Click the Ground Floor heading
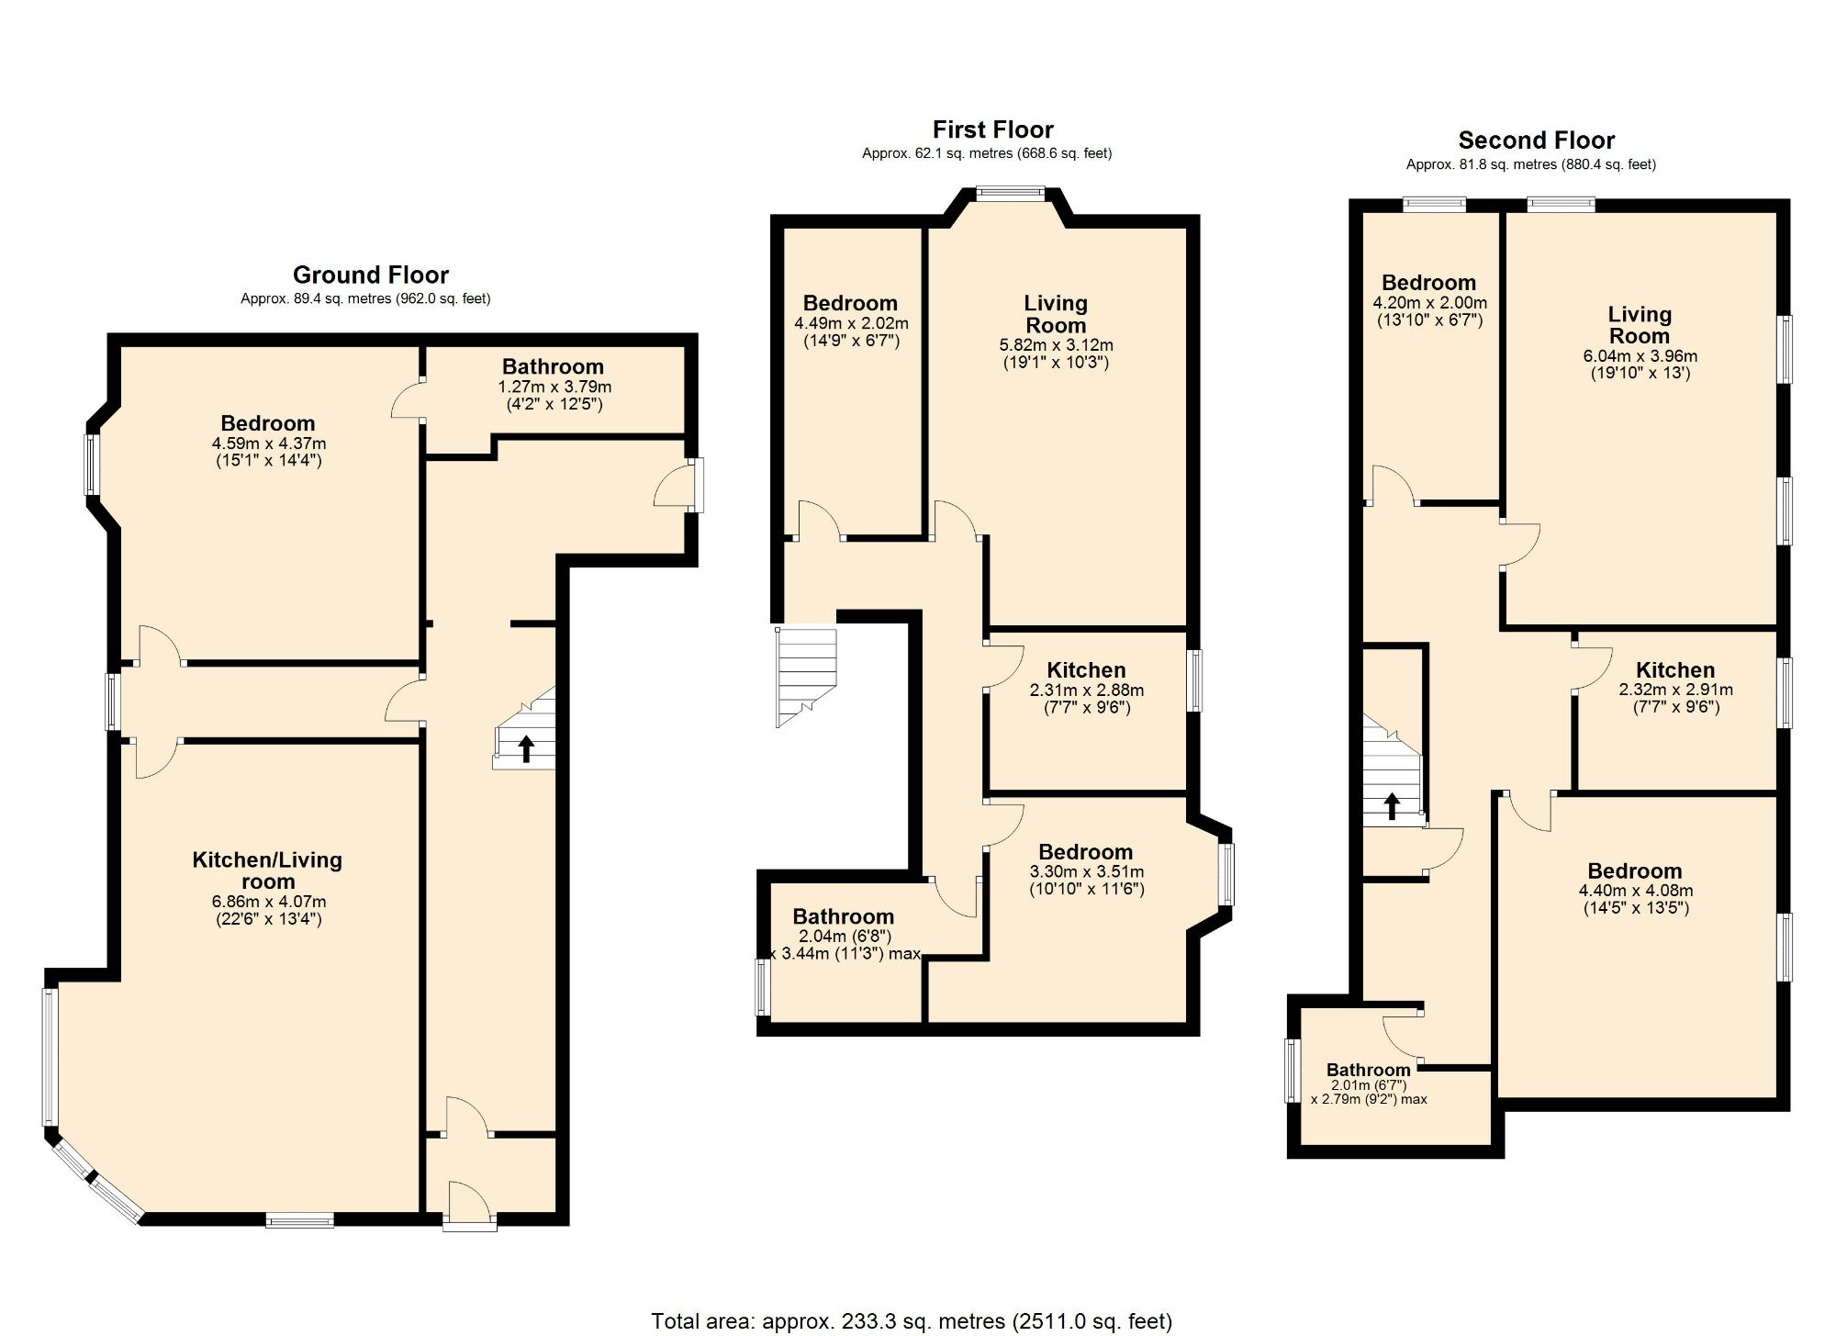[370, 275]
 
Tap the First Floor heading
[992, 129]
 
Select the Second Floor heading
[1536, 140]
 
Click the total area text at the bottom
[911, 1320]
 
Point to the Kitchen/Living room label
[267, 870]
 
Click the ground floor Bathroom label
[553, 366]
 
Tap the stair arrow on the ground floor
[527, 747]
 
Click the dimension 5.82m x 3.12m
[1056, 345]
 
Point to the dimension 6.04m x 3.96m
[1640, 356]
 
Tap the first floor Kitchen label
[1086, 670]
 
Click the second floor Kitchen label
[1674, 670]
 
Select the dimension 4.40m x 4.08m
[1635, 891]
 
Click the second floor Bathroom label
[1368, 1070]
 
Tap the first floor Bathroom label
[843, 916]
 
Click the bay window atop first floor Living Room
[1010, 193]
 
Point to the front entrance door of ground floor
[469, 1203]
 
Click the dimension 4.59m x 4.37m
[268, 443]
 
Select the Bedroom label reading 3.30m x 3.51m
[1085, 852]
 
